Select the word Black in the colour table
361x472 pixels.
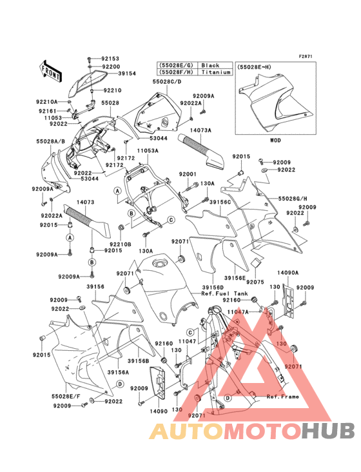(x=210, y=66)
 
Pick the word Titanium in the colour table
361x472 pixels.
(x=215, y=73)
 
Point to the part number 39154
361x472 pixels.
(x=127, y=74)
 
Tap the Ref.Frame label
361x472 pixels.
(x=283, y=397)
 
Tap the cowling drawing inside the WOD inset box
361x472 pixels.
(x=271, y=103)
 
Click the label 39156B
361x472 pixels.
(x=139, y=361)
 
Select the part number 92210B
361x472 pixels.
(x=121, y=244)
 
